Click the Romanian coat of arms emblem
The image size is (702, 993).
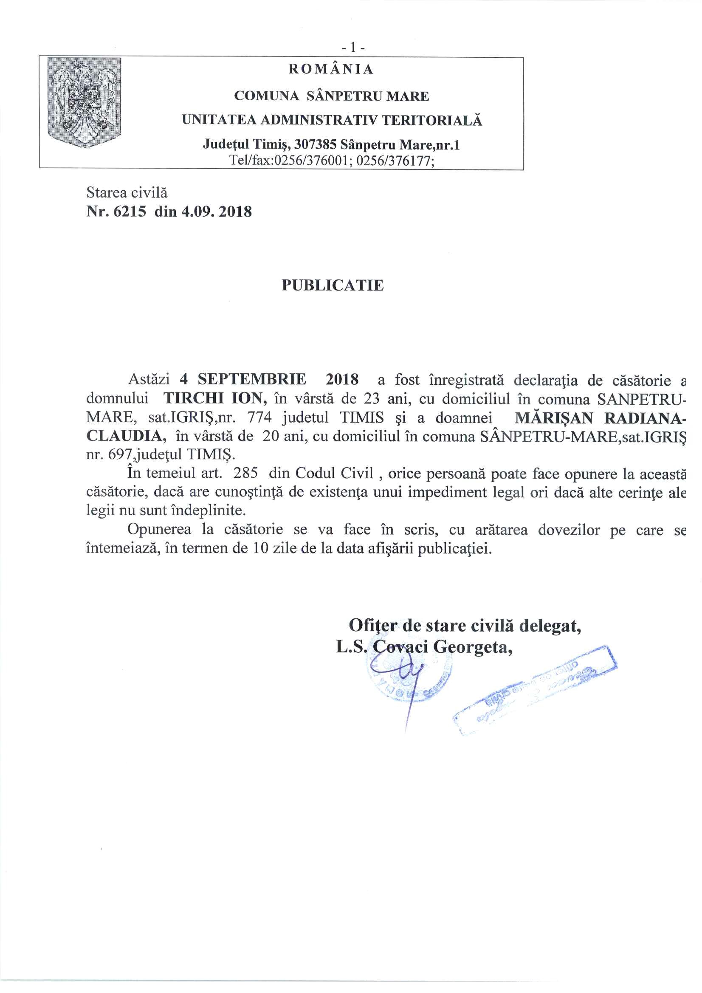(x=85, y=102)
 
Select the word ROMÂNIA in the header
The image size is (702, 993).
(x=331, y=69)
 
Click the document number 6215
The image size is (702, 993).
(x=130, y=212)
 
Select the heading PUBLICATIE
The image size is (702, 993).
(x=332, y=285)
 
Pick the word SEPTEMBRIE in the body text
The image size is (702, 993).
(x=252, y=379)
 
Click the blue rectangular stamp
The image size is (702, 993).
(x=536, y=688)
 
